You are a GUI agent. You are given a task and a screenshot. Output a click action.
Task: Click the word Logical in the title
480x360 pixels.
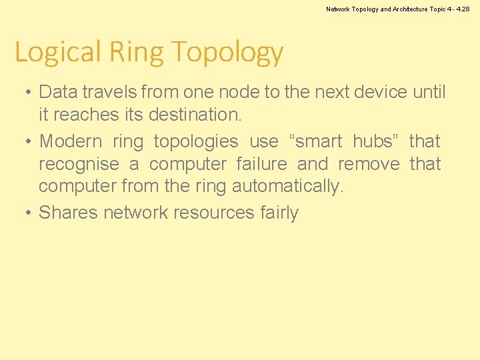click(57, 52)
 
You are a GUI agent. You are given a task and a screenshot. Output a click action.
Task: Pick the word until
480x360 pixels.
click(429, 92)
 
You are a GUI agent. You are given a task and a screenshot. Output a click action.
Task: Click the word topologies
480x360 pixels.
click(195, 142)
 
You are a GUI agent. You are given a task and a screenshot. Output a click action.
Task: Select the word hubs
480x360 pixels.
click(375, 141)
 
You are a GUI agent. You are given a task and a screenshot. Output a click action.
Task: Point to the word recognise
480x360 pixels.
click(79, 165)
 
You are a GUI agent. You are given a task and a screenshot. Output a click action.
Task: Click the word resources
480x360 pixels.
click(213, 213)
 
